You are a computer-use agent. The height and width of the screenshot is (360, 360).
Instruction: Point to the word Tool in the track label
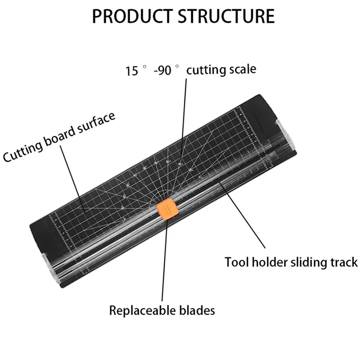point(235,262)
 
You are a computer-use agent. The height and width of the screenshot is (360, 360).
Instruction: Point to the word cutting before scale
point(205,71)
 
